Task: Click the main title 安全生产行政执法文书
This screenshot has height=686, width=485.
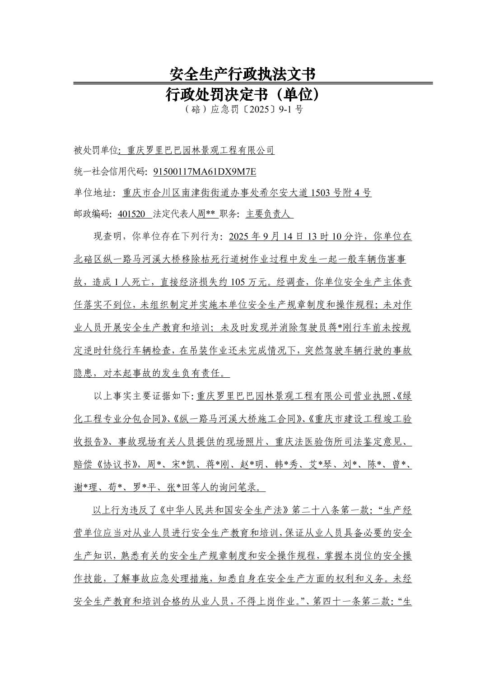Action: click(x=242, y=74)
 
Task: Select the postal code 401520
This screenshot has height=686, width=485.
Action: click(x=131, y=214)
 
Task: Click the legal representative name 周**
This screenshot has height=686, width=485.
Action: click(x=206, y=214)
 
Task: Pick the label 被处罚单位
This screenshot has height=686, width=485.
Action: click(x=95, y=150)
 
